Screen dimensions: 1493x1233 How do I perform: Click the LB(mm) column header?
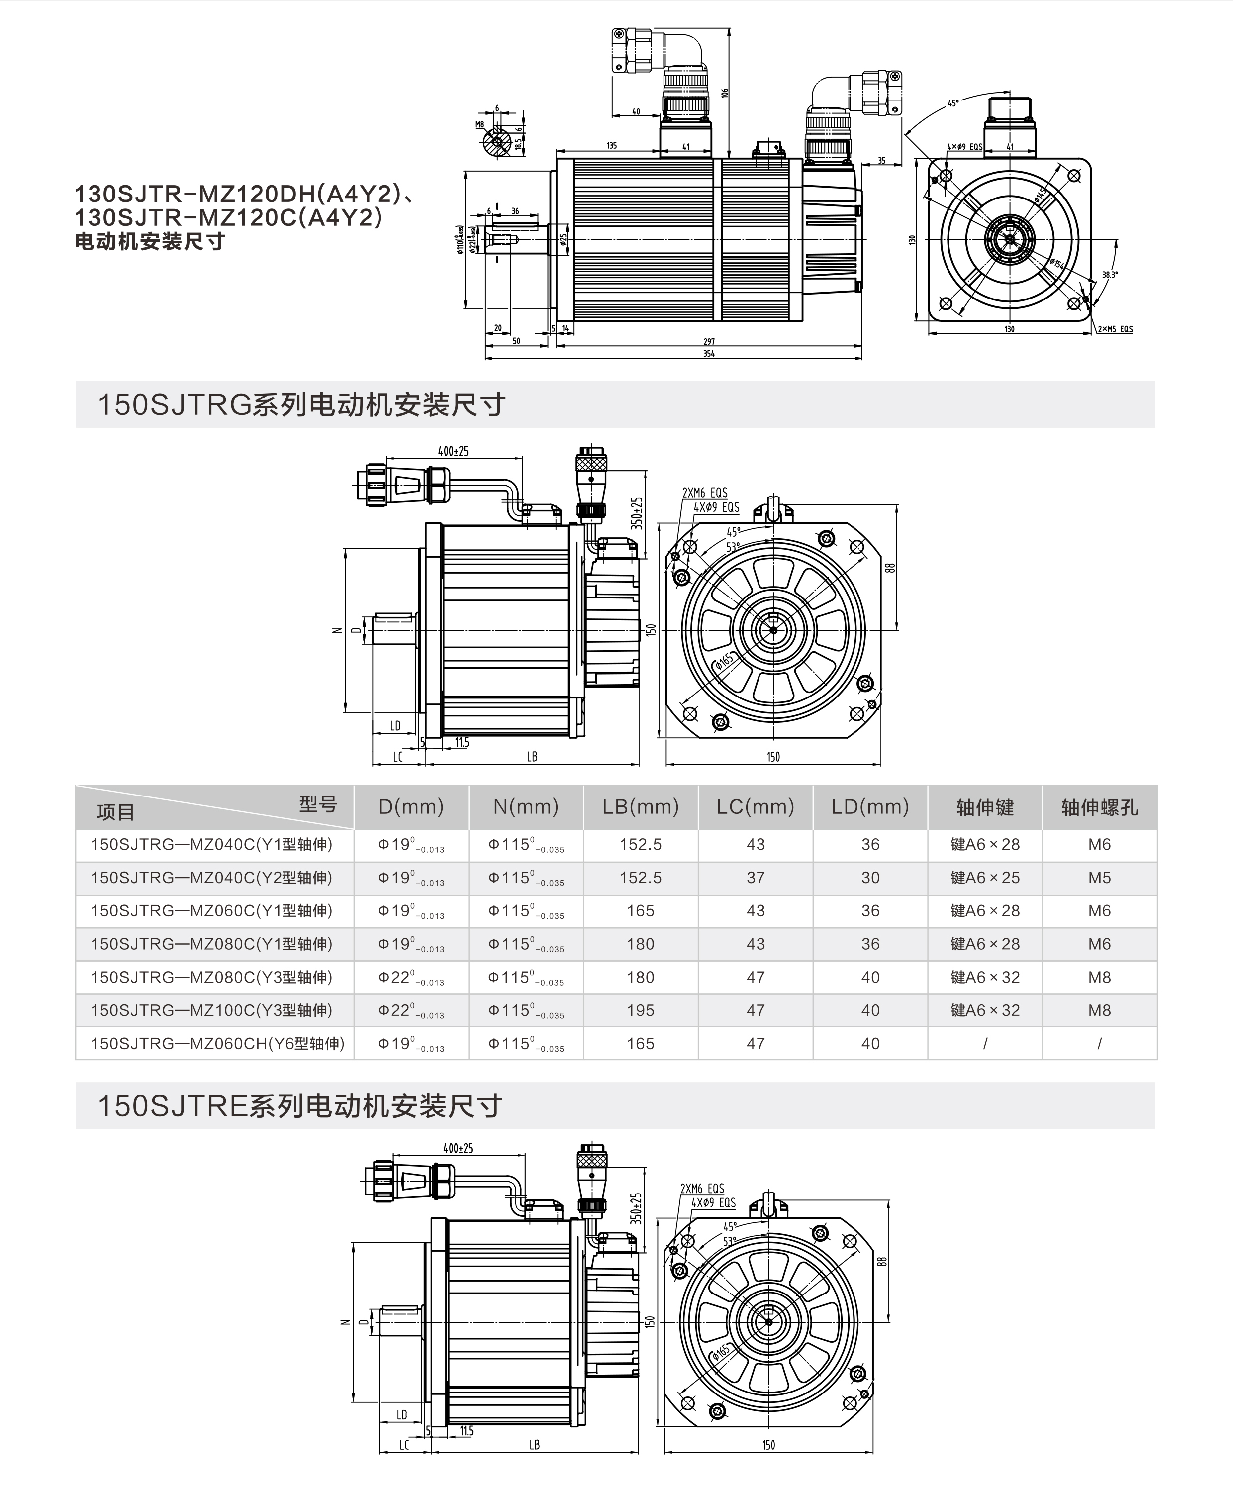640,807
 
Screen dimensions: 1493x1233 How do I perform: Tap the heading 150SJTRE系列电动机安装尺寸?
300,1106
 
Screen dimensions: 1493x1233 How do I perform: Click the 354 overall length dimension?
708,354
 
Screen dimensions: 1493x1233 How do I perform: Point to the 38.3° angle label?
1110,274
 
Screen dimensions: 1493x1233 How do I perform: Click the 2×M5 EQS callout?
1115,329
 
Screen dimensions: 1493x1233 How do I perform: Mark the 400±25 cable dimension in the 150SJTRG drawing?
453,451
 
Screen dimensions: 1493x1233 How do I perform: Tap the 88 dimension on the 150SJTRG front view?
890,568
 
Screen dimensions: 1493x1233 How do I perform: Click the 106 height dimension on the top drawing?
725,93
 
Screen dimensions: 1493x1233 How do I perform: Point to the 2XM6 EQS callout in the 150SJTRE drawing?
702,1189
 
